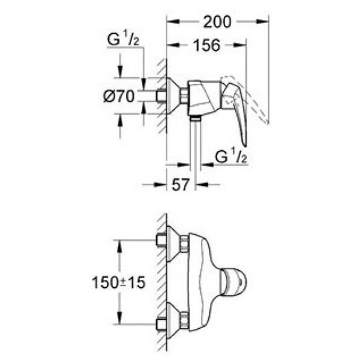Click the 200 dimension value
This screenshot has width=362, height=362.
tap(218, 22)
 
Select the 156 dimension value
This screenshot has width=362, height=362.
tap(206, 46)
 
